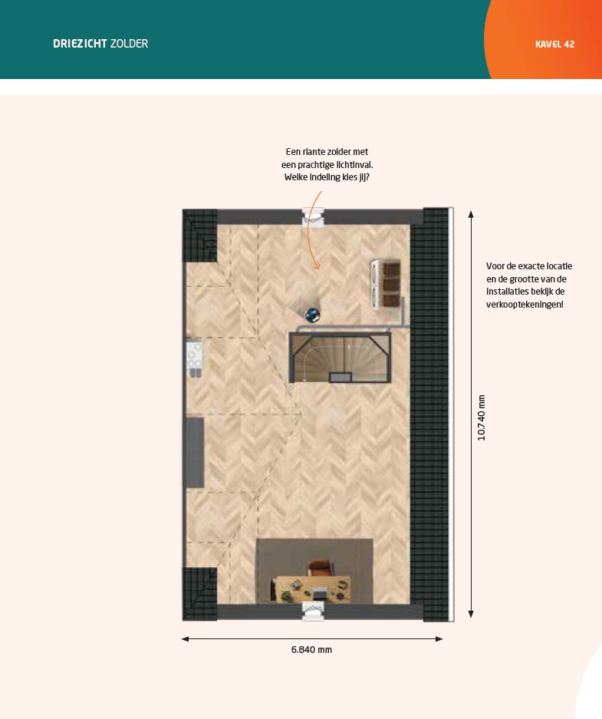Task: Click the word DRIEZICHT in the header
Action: [x=81, y=44]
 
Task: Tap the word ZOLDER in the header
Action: [x=129, y=44]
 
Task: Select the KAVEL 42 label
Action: [x=554, y=45]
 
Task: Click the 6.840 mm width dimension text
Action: [x=311, y=650]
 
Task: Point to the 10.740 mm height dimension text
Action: [x=481, y=417]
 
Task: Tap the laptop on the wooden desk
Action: [x=319, y=595]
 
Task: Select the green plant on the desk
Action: [x=286, y=595]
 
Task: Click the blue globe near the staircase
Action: [x=312, y=315]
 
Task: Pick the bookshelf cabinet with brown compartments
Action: [x=386, y=285]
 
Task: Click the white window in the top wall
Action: [x=313, y=217]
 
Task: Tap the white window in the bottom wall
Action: [x=313, y=612]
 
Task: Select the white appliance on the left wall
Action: [x=194, y=358]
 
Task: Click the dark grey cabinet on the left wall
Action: [x=195, y=453]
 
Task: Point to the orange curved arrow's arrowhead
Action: [x=316, y=267]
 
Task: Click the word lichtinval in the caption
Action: [x=354, y=165]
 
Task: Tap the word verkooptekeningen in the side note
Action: [x=525, y=305]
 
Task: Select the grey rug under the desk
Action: [x=314, y=572]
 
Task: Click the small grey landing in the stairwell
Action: [x=340, y=378]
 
